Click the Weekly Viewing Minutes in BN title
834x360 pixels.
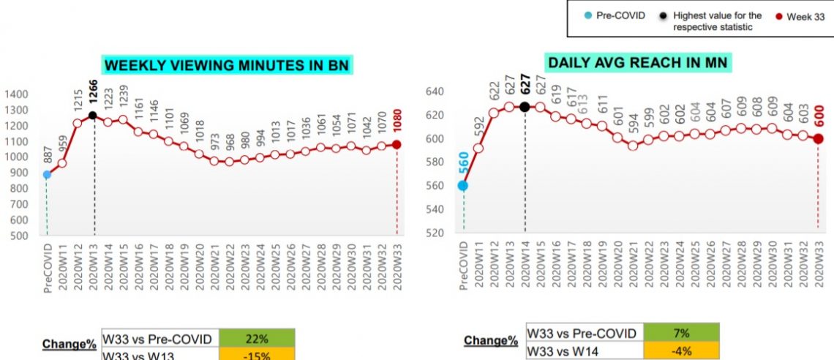coord(227,65)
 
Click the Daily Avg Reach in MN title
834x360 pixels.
coord(638,62)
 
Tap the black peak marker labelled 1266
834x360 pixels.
coord(93,116)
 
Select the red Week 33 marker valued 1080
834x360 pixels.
coord(397,145)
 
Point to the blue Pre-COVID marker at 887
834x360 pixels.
coord(47,175)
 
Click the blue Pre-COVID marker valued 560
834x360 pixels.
coord(463,186)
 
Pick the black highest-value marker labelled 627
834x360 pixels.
coord(525,107)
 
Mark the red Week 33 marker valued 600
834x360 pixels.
coord(819,139)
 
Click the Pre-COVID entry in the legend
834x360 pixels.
coord(615,15)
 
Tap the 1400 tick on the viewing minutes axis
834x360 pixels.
coord(16,94)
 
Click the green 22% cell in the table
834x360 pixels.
coord(258,339)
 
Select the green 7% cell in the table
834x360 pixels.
coord(683,334)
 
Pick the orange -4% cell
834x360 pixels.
coord(683,350)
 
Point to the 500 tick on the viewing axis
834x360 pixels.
coord(19,236)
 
